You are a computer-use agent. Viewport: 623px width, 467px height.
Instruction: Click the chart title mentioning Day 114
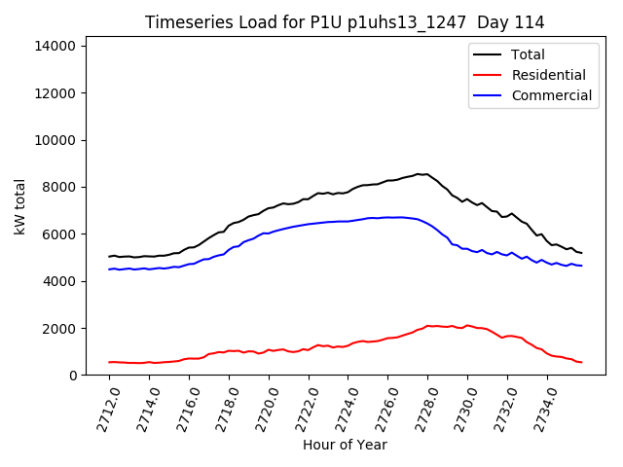(x=345, y=22)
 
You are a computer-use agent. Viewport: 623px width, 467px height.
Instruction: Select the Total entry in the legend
(x=529, y=54)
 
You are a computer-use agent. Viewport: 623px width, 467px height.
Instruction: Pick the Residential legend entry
(x=548, y=75)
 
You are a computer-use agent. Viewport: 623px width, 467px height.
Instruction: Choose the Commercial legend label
(x=551, y=95)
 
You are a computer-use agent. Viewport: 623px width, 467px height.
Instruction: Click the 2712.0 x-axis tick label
(x=102, y=408)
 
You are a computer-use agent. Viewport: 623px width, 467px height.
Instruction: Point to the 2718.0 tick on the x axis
(x=222, y=408)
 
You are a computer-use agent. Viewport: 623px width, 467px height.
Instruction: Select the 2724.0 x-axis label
(x=341, y=408)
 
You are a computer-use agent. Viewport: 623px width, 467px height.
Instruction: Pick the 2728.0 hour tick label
(x=421, y=408)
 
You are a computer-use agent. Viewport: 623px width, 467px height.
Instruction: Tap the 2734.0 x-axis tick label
(x=540, y=408)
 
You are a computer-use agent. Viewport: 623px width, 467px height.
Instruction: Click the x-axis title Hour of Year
(x=345, y=445)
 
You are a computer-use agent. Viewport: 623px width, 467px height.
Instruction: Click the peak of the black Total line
(x=419, y=174)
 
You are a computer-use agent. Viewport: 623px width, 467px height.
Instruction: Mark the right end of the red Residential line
(x=581, y=362)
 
